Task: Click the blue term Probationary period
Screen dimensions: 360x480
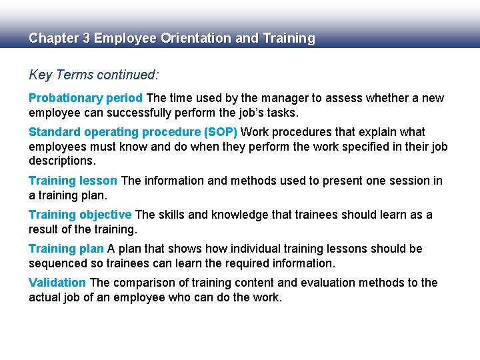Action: click(85, 98)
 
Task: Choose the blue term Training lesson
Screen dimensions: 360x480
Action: click(73, 181)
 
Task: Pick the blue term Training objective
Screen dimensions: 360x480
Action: click(80, 215)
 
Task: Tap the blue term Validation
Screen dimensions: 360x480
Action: click(57, 283)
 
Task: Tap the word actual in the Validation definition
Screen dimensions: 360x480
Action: click(45, 297)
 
